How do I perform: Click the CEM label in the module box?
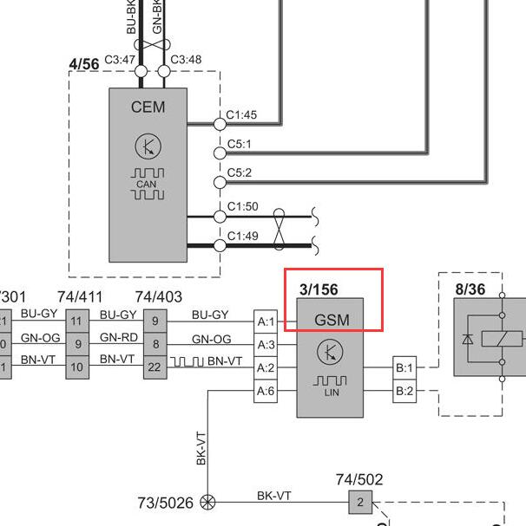[148, 107]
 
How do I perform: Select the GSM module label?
[332, 320]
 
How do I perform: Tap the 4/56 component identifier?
[83, 64]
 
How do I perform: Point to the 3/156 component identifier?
[319, 289]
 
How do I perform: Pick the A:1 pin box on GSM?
[266, 321]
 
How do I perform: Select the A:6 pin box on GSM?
[266, 392]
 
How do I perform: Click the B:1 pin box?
[404, 367]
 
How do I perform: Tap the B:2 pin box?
[404, 392]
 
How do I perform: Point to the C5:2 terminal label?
[240, 172]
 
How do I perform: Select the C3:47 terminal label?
[119, 60]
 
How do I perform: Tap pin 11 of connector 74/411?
[76, 321]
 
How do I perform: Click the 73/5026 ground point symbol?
[207, 502]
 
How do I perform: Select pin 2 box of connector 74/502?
[359, 502]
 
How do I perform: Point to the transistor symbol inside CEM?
[148, 146]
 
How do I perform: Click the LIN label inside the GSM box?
[330, 393]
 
